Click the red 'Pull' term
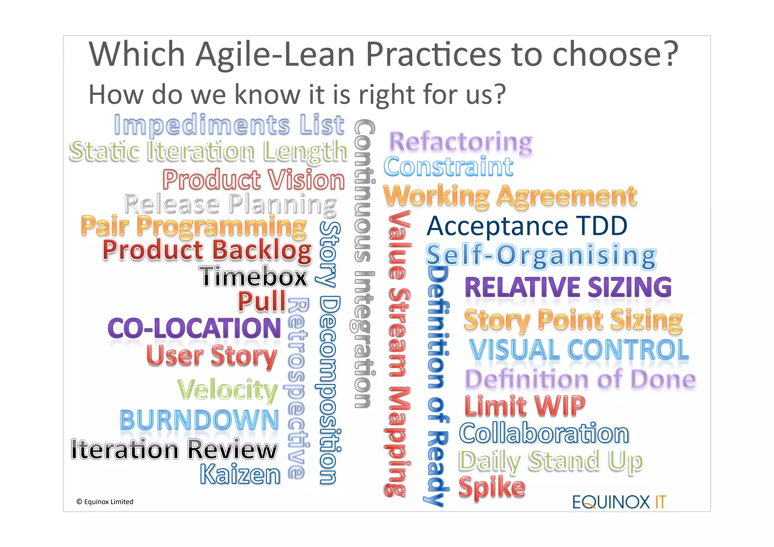point(262,301)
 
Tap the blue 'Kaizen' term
point(240,474)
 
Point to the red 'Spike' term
point(492,488)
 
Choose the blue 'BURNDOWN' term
point(199,420)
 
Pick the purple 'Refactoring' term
point(460,142)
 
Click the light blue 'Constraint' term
point(448,167)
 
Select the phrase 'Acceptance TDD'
point(527,226)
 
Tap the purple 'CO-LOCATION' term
point(194,328)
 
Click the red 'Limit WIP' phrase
point(525,406)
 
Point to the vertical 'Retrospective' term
point(297,387)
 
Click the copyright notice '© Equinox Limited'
point(105,502)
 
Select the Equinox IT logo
point(619,502)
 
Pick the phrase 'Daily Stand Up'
point(551,461)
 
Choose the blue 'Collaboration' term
point(544,433)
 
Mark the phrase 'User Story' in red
point(212,356)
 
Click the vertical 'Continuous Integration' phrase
point(364,263)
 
